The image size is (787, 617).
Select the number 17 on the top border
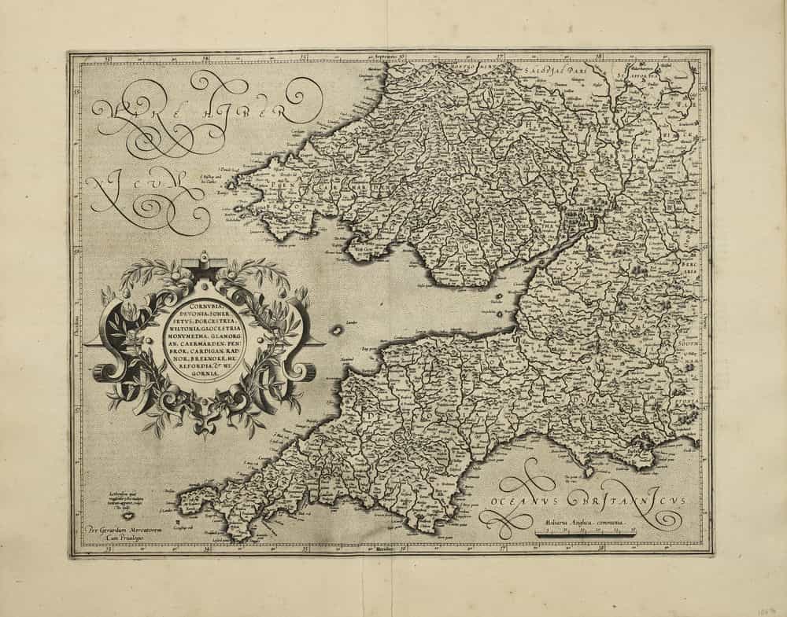(x=501, y=57)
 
